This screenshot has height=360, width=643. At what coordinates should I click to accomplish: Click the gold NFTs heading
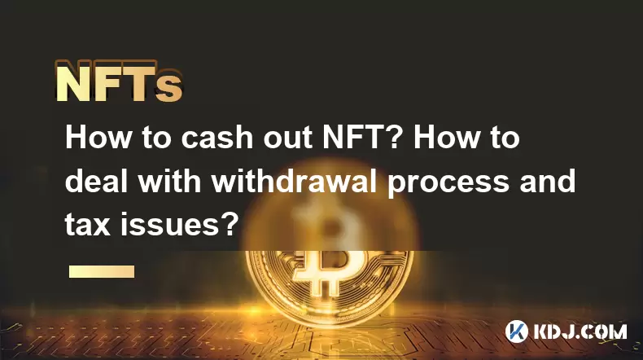coord(119,81)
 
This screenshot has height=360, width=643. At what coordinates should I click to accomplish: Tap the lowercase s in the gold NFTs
coord(168,88)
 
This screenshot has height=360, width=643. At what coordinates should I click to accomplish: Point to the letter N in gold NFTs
coord(73,81)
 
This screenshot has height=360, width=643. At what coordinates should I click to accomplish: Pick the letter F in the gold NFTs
coord(108,81)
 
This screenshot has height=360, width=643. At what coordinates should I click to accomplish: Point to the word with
coord(169,181)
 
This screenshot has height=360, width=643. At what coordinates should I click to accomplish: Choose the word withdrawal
coord(294,181)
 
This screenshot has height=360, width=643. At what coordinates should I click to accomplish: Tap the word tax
coord(87,226)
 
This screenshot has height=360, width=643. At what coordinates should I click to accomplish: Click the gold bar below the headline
coord(102,271)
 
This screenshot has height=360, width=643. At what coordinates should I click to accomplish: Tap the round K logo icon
coord(517,331)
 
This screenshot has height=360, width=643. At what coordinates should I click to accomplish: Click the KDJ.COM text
coord(580,331)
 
